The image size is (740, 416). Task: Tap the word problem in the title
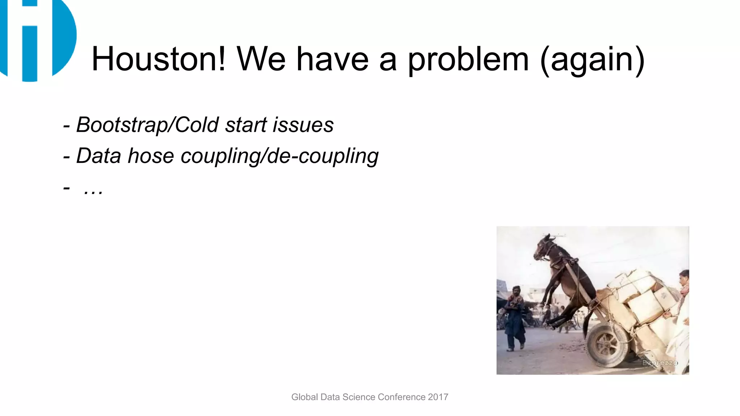[x=468, y=60]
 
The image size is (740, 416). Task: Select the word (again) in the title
[x=592, y=60]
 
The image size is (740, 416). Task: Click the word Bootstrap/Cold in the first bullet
[x=147, y=125]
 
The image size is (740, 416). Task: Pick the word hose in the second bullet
[x=151, y=156]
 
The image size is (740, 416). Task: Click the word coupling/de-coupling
[x=279, y=156]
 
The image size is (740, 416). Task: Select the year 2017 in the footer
[x=438, y=397]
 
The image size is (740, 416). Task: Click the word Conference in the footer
[x=402, y=397]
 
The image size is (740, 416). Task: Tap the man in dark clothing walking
[x=515, y=318]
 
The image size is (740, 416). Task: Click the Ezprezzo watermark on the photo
[x=659, y=363]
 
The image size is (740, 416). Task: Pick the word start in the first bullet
[x=245, y=125]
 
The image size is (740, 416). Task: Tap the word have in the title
[x=332, y=59]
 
